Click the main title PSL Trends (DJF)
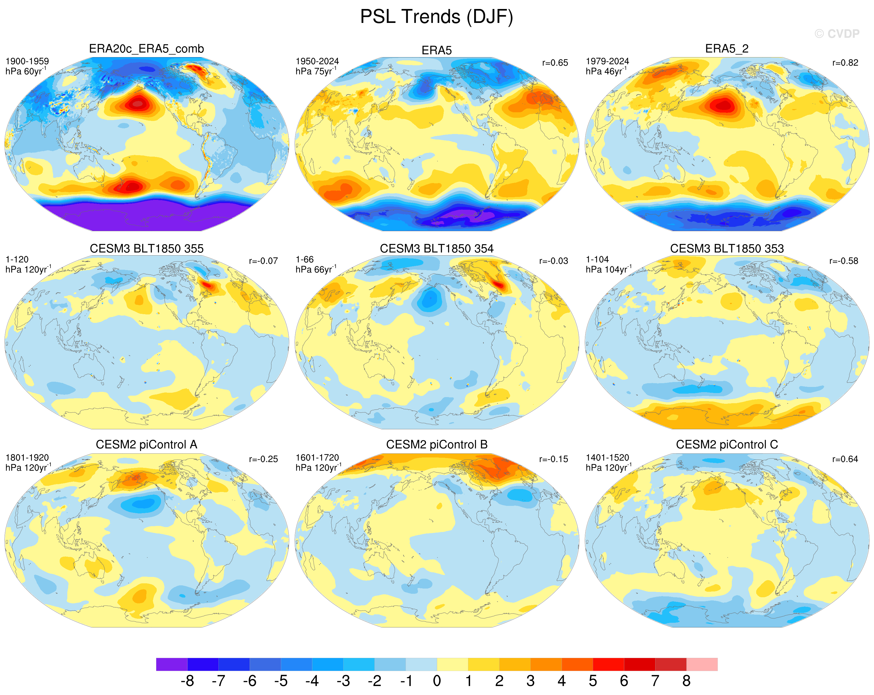437,17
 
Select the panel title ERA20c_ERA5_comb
146,49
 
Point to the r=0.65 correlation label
555,63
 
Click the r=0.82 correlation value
845,63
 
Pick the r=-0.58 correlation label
844,261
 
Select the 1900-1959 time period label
27,61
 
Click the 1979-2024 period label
607,61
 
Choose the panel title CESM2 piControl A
146,445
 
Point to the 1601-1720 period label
317,457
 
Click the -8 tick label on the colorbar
187,681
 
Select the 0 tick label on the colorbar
437,681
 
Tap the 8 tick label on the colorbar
686,681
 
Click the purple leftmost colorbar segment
171,664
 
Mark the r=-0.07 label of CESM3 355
263,261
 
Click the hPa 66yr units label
316,269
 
